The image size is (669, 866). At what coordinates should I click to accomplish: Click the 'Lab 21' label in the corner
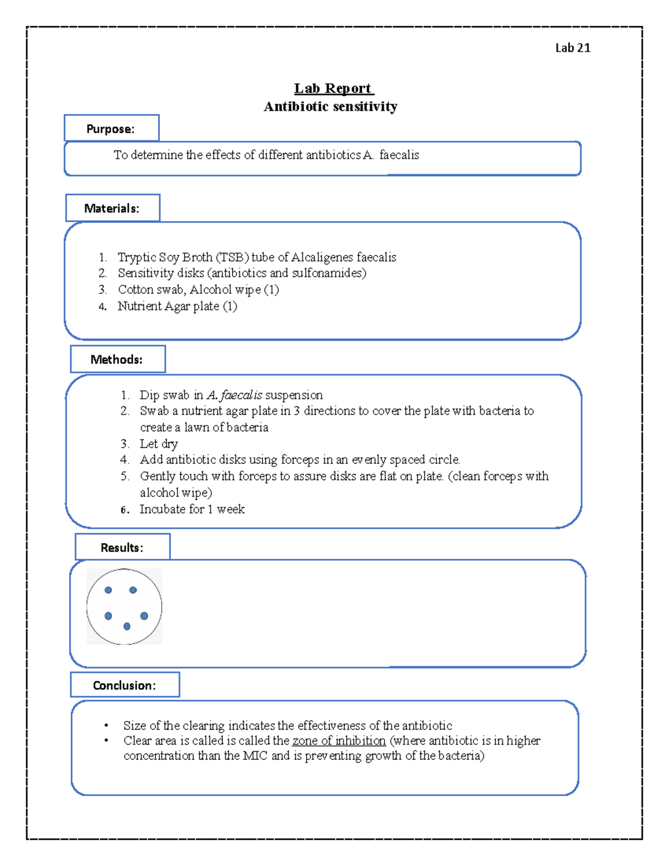click(573, 48)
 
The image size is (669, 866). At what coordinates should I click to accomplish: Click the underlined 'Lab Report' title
click(333, 89)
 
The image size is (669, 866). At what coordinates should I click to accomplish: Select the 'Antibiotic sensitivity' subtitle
click(331, 107)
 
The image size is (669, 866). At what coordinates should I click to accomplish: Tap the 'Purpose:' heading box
click(111, 129)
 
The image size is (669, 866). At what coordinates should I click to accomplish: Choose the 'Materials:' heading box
click(112, 208)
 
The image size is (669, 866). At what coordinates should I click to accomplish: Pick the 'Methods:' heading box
click(117, 360)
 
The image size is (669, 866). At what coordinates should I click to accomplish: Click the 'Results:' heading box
click(122, 548)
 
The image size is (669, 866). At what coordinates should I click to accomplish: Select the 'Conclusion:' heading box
click(124, 685)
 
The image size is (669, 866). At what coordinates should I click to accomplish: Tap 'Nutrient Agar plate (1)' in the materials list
click(177, 306)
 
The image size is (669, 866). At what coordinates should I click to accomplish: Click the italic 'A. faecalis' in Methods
click(234, 395)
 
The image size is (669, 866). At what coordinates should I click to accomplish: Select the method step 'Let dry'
click(159, 444)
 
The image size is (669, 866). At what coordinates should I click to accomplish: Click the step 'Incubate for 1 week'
click(192, 509)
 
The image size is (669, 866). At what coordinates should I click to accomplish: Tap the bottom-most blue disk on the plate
click(127, 627)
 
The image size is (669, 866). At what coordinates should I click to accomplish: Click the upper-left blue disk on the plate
click(108, 590)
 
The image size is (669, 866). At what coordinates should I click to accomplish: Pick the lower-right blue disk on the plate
click(144, 616)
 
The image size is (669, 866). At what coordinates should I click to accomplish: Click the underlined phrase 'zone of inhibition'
click(339, 741)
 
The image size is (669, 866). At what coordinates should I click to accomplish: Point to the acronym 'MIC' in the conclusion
click(255, 756)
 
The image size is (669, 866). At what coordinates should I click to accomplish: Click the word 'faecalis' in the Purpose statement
click(399, 155)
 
